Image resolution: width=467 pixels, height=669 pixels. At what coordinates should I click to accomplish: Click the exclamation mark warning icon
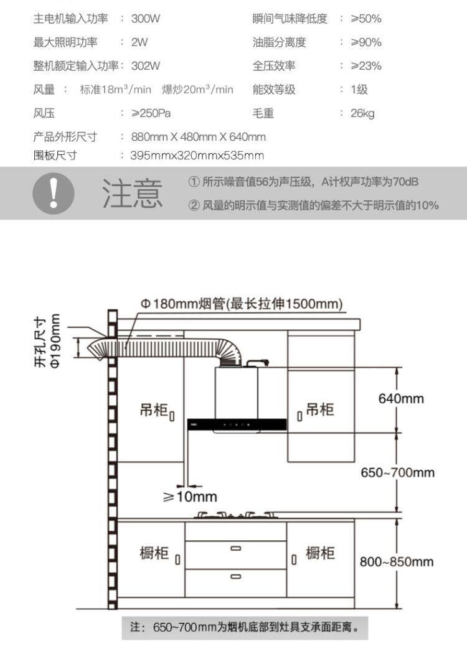coord(54,193)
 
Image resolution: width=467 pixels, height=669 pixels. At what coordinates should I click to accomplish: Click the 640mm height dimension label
coord(401,398)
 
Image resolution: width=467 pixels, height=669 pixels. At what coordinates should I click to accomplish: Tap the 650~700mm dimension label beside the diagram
coord(398,472)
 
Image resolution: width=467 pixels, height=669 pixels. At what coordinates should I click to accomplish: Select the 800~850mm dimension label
coord(397,562)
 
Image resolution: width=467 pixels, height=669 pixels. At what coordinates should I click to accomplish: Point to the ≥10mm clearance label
coord(190,497)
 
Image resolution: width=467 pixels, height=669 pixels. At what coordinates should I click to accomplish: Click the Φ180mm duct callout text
coord(242,304)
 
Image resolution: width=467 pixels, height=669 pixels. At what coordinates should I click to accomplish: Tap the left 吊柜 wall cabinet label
coord(154,411)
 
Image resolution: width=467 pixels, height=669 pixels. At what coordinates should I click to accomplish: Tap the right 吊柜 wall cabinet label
coord(319,409)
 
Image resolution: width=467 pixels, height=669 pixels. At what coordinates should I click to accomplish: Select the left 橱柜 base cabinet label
coord(154,553)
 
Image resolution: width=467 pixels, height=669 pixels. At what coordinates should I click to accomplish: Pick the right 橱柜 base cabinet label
coord(320,553)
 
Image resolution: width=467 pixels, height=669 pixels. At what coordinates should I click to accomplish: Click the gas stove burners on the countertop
coord(235,515)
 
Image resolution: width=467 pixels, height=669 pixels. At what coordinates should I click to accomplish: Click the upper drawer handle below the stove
coord(235,548)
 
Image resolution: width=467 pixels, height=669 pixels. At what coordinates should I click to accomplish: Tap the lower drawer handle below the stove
coord(235,577)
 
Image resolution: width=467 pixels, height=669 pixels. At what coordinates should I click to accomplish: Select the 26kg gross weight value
coord(362,113)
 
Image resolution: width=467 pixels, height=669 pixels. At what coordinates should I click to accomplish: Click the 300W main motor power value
coord(146,19)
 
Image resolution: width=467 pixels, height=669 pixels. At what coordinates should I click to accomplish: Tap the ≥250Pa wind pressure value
coord(151,113)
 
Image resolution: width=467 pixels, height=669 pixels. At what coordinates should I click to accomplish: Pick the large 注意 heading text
coord(133,193)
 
